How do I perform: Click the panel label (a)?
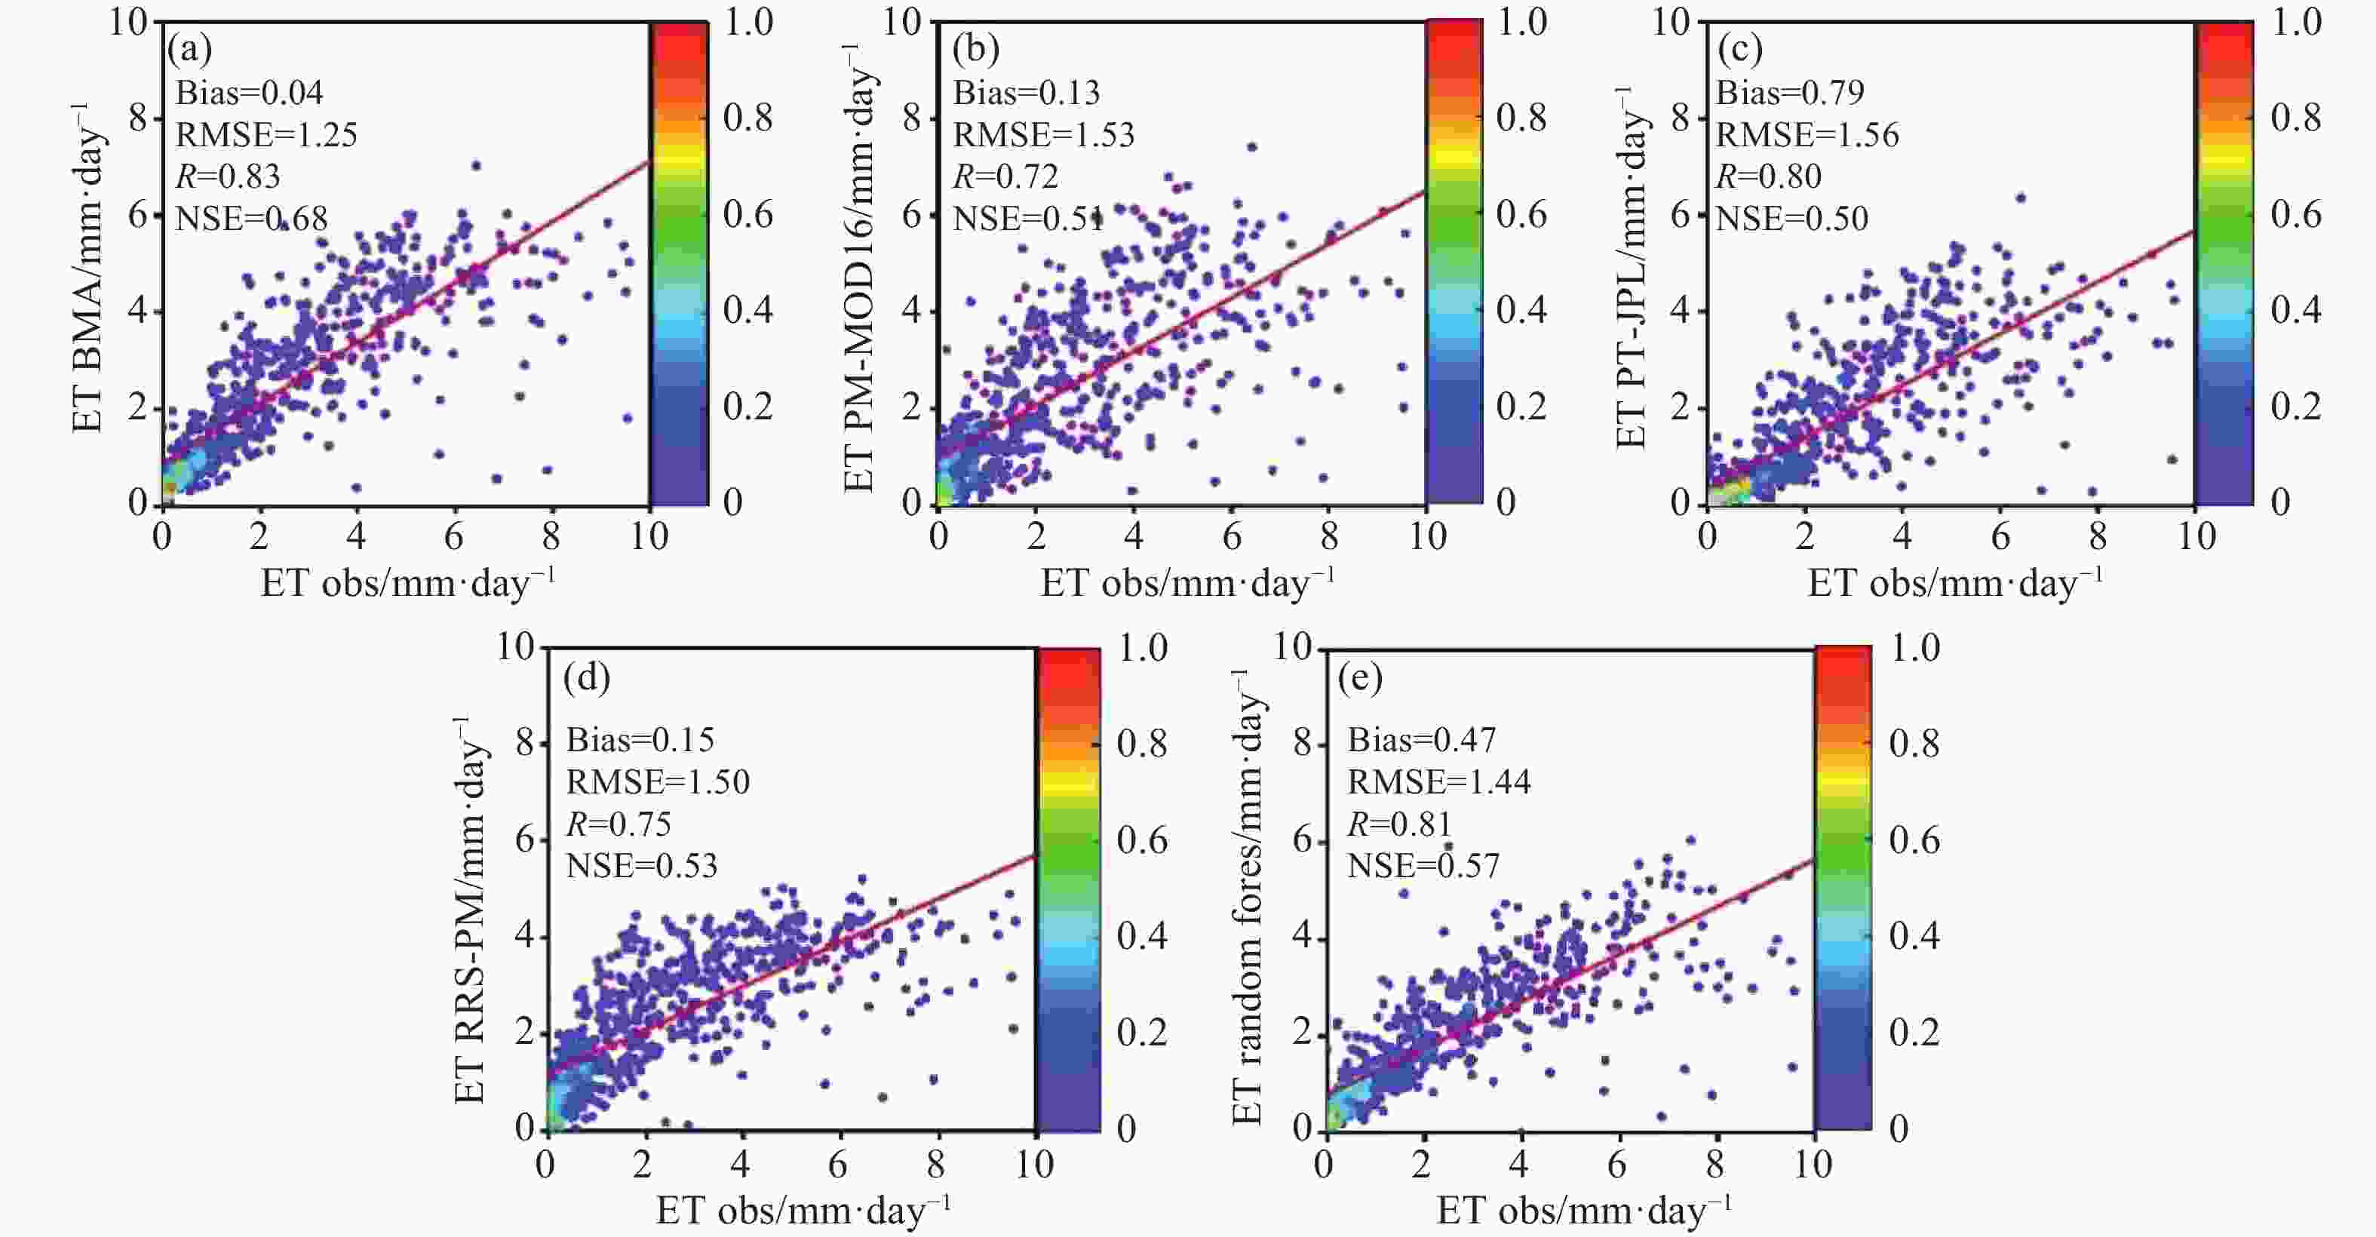[189, 49]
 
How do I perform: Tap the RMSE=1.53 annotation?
[1043, 135]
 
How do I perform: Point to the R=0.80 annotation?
[1768, 176]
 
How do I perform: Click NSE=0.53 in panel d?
[642, 865]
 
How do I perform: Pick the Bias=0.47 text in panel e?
[1421, 740]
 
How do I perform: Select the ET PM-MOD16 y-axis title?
[861, 268]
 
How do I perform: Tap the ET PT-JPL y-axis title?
[1632, 268]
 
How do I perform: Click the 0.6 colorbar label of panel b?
[1521, 214]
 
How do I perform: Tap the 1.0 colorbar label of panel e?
[1915, 648]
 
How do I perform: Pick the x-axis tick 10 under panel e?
[1813, 1164]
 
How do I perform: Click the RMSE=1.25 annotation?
[266, 135]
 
